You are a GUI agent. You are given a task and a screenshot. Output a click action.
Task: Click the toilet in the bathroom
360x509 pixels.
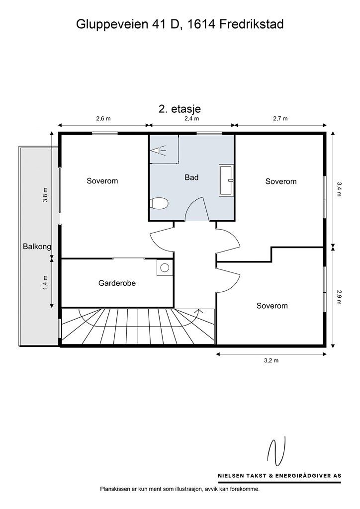(x=159, y=204)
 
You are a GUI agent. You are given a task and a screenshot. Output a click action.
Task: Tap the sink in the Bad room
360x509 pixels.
(x=226, y=180)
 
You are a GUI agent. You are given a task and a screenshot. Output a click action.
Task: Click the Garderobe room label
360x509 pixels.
(x=117, y=283)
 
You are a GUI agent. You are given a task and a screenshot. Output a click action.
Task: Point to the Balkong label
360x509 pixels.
(x=37, y=247)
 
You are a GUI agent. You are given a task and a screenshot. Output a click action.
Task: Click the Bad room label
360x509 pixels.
(x=191, y=177)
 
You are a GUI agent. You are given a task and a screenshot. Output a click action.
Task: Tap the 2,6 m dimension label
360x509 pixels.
(x=103, y=118)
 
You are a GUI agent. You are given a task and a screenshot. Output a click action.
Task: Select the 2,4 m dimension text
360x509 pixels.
(x=192, y=118)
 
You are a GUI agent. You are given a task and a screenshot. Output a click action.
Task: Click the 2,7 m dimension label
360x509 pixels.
(x=280, y=118)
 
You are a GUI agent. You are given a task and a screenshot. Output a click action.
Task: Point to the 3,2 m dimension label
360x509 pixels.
(x=271, y=360)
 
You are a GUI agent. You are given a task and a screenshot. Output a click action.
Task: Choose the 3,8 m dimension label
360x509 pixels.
(x=45, y=195)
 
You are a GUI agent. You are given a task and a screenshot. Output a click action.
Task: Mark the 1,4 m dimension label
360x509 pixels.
(x=45, y=282)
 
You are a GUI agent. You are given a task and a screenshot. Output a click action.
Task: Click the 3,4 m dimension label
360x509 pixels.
(x=339, y=189)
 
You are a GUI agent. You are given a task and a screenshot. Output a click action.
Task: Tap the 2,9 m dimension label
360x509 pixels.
(x=339, y=297)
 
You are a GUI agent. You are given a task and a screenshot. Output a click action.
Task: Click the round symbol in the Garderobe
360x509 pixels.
(x=165, y=268)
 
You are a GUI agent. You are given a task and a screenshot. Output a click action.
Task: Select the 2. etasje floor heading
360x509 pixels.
(x=180, y=108)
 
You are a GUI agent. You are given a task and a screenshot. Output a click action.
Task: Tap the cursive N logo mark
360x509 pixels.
(x=276, y=451)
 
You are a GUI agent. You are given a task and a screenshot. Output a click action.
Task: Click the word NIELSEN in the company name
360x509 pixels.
(x=231, y=476)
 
